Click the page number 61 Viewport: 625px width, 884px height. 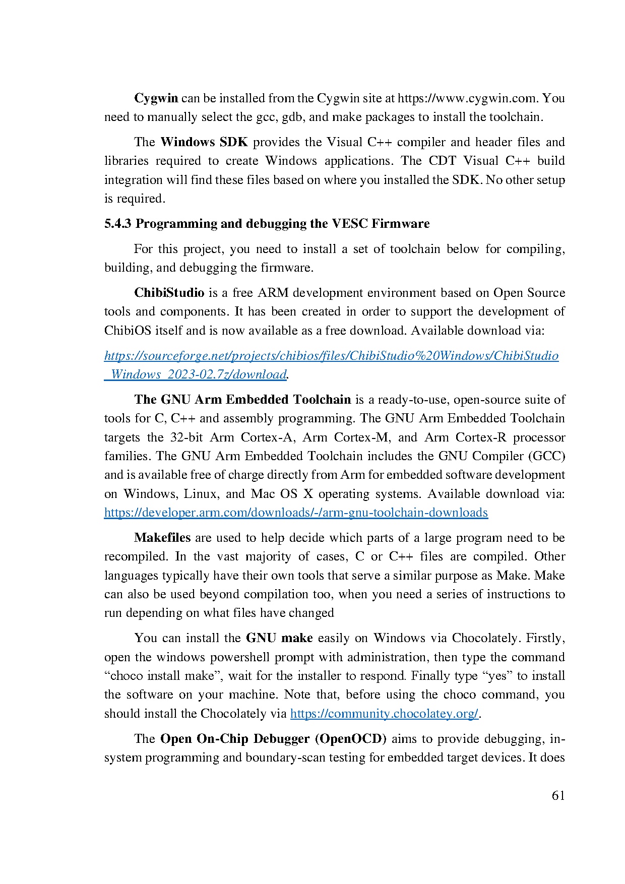[x=558, y=796]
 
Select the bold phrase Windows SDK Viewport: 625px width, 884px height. [x=204, y=142]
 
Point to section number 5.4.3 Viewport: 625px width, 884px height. [x=118, y=224]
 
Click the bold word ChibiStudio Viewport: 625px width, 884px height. [x=169, y=293]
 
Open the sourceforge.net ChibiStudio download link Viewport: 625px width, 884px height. [x=331, y=356]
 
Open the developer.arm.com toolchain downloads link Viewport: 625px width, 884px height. [x=296, y=513]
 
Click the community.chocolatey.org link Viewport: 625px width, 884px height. [x=384, y=714]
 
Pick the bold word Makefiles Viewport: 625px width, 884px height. [x=162, y=538]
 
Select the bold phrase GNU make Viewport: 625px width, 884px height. [x=279, y=638]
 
